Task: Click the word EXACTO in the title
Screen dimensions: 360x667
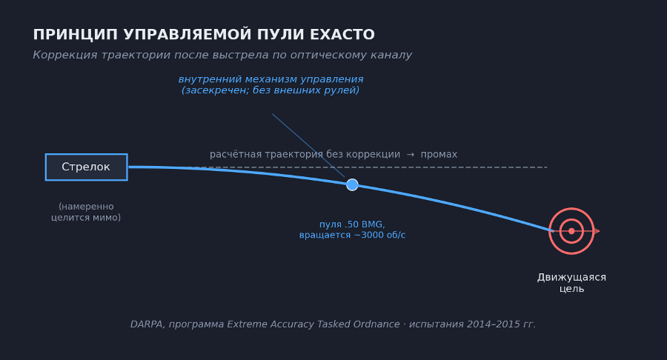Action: pyautogui.click(x=343, y=35)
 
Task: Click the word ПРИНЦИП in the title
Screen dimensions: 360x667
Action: pyautogui.click(x=75, y=35)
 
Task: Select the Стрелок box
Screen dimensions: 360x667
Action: pyautogui.click(x=86, y=167)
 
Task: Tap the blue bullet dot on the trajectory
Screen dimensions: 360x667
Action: pyautogui.click(x=352, y=184)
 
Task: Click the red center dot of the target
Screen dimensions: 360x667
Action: pyautogui.click(x=571, y=231)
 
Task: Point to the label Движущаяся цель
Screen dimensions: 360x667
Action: pyautogui.click(x=571, y=283)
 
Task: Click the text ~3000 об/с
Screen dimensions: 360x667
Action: pyautogui.click(x=379, y=236)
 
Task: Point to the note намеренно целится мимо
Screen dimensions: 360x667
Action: pyautogui.click(x=86, y=213)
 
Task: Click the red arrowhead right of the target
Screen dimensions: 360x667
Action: pyautogui.click(x=597, y=231)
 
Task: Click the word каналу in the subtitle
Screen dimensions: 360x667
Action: pyautogui.click(x=391, y=56)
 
